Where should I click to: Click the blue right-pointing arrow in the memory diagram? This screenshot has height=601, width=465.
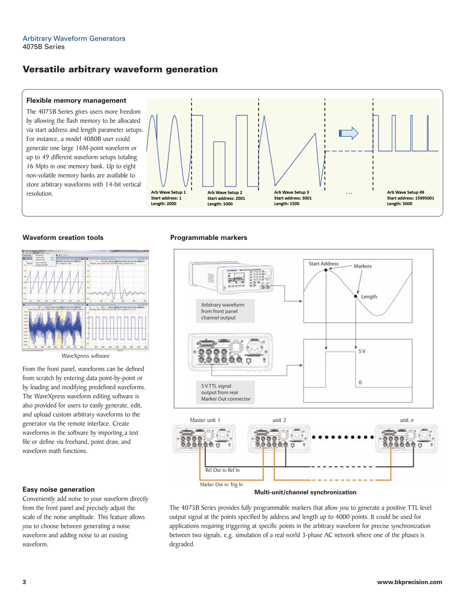[349, 134]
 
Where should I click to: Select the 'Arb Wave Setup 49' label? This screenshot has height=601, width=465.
[405, 192]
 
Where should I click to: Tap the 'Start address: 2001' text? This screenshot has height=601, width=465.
[226, 198]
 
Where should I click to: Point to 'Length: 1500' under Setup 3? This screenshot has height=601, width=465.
[287, 204]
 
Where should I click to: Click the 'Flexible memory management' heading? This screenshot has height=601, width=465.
[76, 101]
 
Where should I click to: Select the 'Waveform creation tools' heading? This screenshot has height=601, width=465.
[63, 238]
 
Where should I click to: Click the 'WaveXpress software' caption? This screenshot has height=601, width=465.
[85, 356]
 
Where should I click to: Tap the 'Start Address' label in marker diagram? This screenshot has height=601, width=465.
[323, 264]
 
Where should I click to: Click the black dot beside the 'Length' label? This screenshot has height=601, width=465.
[355, 296]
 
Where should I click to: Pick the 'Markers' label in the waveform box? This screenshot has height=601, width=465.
[363, 266]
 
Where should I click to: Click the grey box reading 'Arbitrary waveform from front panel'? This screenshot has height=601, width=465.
[225, 311]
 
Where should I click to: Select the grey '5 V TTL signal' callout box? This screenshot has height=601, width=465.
[225, 392]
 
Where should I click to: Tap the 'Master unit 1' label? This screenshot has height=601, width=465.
[205, 420]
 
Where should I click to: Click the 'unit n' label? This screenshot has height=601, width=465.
[407, 420]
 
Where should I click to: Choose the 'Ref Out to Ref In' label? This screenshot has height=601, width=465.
[222, 470]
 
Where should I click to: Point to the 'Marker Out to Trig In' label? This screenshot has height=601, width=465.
[221, 485]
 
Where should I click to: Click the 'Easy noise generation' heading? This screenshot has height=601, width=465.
[58, 489]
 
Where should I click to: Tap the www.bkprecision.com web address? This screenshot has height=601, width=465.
[409, 582]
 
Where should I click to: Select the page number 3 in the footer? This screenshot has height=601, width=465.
[24, 582]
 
